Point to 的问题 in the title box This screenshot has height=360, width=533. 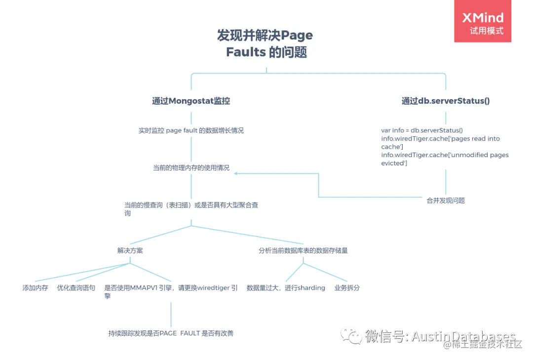tap(289, 52)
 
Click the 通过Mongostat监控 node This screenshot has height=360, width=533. tap(190, 101)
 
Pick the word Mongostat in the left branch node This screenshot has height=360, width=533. tap(191, 101)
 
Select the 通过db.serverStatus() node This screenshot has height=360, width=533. tap(445, 101)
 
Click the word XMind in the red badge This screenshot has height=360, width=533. tap(483, 18)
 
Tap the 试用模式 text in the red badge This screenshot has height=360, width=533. tap(487, 31)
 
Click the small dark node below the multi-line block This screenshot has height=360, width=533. tap(445, 200)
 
